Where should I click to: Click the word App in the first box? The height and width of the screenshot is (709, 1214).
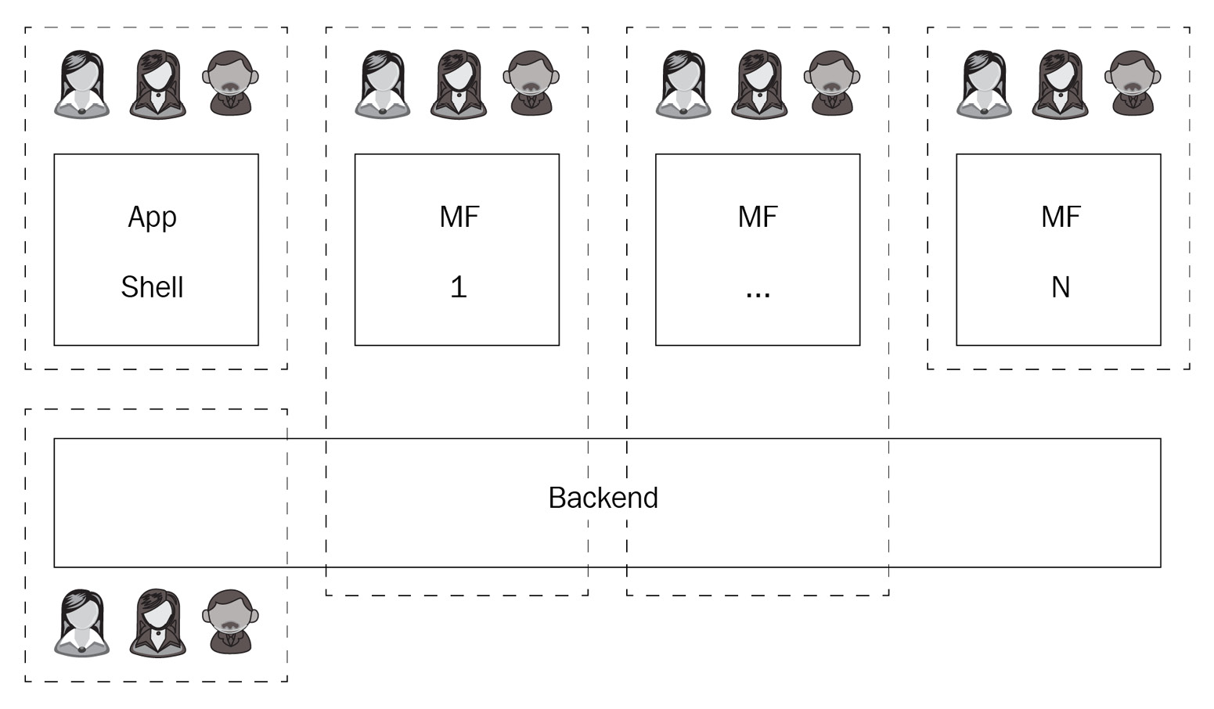tap(152, 217)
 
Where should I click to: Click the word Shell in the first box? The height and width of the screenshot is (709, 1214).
tap(152, 287)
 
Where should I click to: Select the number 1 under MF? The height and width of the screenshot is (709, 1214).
tap(458, 287)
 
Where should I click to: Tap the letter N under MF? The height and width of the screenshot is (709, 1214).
tap(1060, 287)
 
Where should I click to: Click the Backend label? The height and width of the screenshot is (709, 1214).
tap(603, 498)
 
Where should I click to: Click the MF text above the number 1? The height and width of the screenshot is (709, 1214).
tap(459, 217)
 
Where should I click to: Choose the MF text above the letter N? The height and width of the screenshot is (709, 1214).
tap(1060, 217)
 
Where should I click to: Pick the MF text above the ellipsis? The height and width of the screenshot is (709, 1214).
tap(758, 217)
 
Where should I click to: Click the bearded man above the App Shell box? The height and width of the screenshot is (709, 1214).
tap(231, 84)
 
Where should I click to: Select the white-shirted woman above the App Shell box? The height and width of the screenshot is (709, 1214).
tap(82, 85)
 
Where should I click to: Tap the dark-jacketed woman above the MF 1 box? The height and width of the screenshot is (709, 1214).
tap(458, 85)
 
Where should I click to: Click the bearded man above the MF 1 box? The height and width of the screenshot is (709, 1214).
tap(531, 84)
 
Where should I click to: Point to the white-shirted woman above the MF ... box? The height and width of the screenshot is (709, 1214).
tap(683, 85)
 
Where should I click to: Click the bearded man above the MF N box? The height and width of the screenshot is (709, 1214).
tap(1133, 84)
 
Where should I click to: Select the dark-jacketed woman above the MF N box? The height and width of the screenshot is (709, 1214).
tap(1060, 85)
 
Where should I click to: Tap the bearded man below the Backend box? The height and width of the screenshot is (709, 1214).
tap(231, 622)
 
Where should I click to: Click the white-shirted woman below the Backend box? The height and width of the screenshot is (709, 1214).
tap(82, 623)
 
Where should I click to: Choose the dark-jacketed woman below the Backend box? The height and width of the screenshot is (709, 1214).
tap(157, 623)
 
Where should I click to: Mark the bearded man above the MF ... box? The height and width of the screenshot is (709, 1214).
tap(832, 84)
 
